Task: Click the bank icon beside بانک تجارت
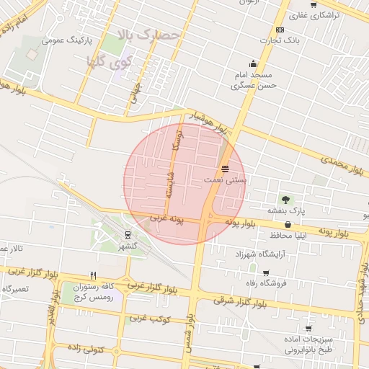(280, 30)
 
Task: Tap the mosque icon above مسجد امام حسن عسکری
(252, 63)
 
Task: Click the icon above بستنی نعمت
(226, 168)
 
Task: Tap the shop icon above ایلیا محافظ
(288, 224)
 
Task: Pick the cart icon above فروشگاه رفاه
(266, 273)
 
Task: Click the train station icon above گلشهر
(128, 234)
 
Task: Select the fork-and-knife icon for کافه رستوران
(92, 275)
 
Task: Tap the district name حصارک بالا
(146, 34)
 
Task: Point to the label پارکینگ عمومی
(64, 40)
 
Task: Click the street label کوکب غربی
(149, 318)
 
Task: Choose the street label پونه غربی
(167, 217)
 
